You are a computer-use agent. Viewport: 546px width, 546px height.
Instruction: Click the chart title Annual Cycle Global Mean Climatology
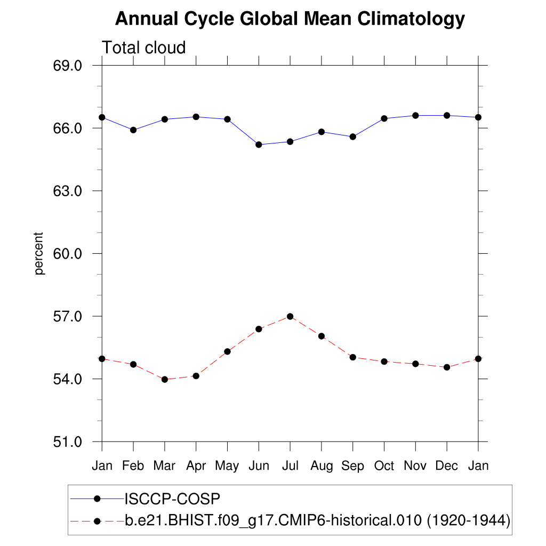point(290,19)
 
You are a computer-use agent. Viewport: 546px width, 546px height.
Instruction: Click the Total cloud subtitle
point(143,47)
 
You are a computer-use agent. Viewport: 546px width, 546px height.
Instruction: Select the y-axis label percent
point(39,253)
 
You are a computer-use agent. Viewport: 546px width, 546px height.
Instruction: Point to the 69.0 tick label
point(67,66)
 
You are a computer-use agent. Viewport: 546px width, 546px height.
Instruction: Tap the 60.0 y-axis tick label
point(67,254)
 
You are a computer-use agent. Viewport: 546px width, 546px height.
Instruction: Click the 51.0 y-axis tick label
point(67,442)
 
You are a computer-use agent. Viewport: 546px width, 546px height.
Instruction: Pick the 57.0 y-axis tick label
point(67,317)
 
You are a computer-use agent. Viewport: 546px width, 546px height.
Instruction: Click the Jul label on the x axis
point(290,466)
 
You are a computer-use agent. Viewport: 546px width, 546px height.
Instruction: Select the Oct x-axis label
point(384,466)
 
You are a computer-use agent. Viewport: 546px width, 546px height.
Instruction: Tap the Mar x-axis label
point(164,466)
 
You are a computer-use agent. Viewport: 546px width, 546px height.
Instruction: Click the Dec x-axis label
point(447,466)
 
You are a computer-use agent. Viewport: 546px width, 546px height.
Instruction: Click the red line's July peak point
point(290,316)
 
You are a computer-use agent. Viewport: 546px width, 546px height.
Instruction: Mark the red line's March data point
point(165,380)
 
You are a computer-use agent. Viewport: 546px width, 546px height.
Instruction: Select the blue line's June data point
point(259,144)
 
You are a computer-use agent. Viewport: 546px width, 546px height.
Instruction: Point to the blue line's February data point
point(133,130)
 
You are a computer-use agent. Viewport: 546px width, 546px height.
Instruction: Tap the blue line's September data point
point(353,137)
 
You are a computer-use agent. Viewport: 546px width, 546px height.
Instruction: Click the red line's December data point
point(447,367)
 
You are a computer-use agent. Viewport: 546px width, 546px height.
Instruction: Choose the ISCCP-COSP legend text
point(172,499)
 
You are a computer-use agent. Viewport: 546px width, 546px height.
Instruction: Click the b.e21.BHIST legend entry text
point(318,520)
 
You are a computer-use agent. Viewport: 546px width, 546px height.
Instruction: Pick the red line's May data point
point(227,351)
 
